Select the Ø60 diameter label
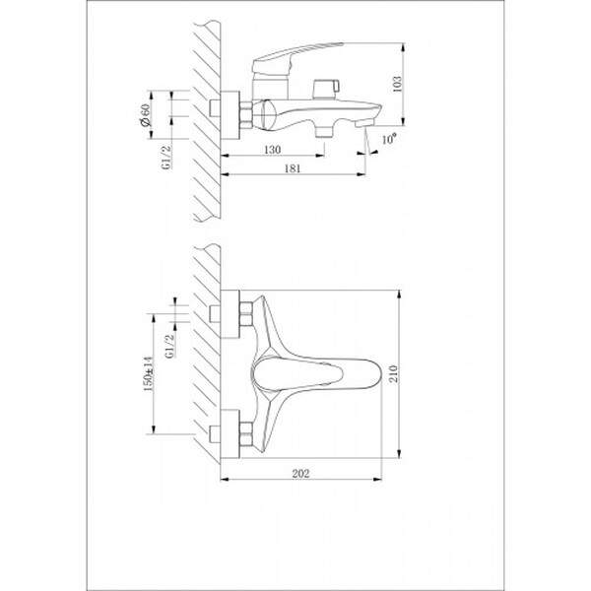(146, 119)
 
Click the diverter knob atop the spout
(321, 90)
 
